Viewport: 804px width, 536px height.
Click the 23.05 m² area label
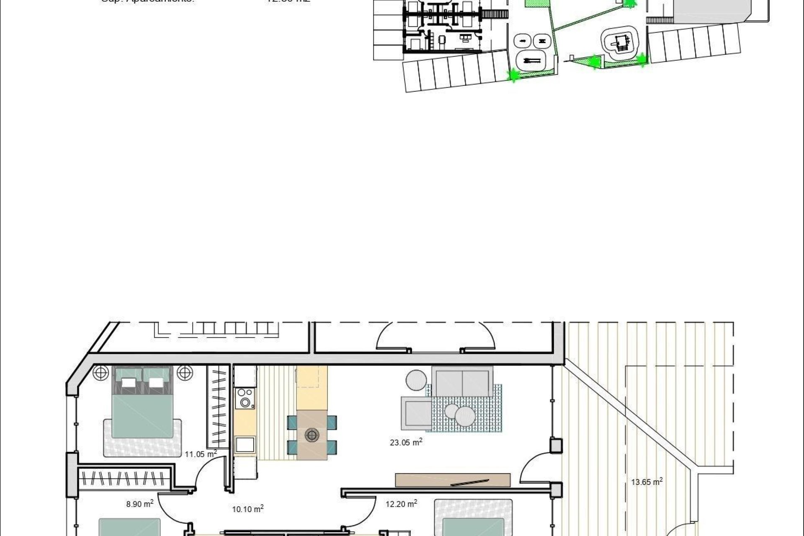tap(406, 442)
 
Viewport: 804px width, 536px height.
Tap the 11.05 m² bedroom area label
tap(201, 454)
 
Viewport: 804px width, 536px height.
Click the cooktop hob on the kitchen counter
tap(245, 398)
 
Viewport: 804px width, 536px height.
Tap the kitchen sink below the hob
tap(245, 444)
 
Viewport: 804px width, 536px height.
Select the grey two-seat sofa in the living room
tap(462, 381)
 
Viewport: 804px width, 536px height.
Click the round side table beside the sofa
tap(416, 380)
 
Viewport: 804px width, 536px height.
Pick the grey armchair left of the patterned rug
tap(416, 413)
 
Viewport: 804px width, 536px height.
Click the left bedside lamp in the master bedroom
tap(100, 372)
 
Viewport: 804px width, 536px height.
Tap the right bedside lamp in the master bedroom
tap(185, 372)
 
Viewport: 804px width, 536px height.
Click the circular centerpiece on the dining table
tap(312, 435)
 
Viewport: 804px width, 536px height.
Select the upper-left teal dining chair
tap(292, 422)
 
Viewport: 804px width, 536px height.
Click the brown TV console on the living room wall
tap(453, 480)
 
